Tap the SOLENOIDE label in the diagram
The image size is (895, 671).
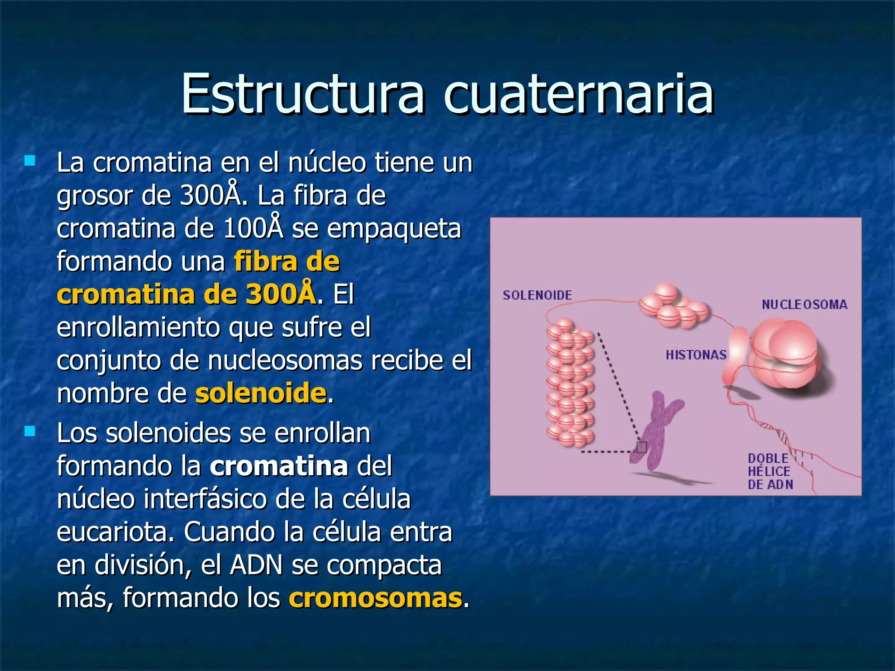tap(537, 295)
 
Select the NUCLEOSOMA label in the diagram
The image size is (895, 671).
tap(804, 304)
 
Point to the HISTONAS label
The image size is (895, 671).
tap(696, 355)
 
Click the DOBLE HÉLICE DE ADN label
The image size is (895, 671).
tap(770, 471)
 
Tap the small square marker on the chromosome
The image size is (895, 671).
tap(642, 447)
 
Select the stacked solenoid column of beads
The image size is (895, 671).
tap(569, 382)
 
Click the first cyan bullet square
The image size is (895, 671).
tap(30, 161)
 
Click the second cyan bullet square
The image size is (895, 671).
tap(30, 432)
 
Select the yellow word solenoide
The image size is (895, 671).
tap(260, 393)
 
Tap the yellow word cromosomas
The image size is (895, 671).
tap(375, 598)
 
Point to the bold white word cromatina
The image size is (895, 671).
tap(279, 466)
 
